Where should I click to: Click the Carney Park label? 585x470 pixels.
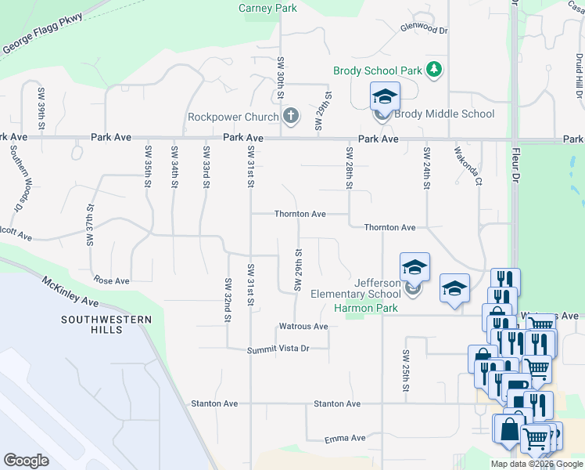tap(267, 9)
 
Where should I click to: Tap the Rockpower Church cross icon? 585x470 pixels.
tap(291, 117)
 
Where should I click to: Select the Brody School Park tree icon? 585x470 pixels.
tap(435, 70)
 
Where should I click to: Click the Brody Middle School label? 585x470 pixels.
tap(444, 114)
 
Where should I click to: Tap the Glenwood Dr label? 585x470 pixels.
tap(423, 30)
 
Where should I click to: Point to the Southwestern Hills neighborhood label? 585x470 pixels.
tap(92, 324)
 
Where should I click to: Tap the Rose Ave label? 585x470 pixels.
tap(111, 280)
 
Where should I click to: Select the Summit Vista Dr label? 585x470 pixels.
tap(279, 349)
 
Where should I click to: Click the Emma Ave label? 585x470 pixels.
tap(346, 438)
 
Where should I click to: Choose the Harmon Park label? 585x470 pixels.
tap(366, 308)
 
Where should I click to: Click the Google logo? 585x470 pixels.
tap(26, 461)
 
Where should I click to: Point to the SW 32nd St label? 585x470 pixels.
tap(227, 300)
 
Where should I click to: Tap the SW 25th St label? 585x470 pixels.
tap(407, 371)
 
